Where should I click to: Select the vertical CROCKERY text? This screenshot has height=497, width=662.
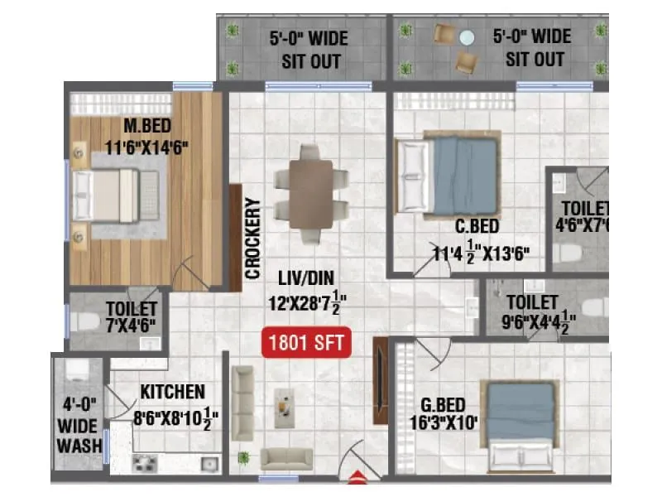[253, 237]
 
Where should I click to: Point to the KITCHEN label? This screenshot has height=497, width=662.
[172, 390]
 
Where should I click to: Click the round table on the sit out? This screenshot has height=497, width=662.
[468, 37]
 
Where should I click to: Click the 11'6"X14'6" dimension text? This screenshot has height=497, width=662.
[147, 147]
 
